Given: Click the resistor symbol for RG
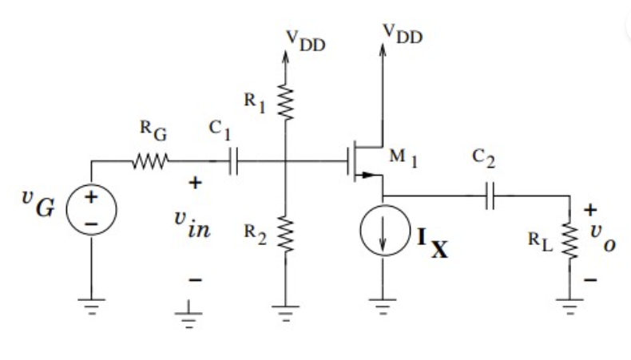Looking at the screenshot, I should pyautogui.click(x=150, y=161).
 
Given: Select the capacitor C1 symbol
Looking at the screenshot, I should pyautogui.click(x=234, y=163).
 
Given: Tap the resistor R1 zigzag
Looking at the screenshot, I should pyautogui.click(x=285, y=101).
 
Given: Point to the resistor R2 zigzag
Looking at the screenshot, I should pyautogui.click(x=285, y=234).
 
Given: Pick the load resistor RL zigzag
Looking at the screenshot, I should pyautogui.click(x=570, y=240).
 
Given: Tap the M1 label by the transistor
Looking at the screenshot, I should pyautogui.click(x=404, y=156).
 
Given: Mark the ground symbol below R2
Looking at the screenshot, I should pyautogui.click(x=285, y=307).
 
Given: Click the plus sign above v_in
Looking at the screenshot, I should pyautogui.click(x=193, y=183).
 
